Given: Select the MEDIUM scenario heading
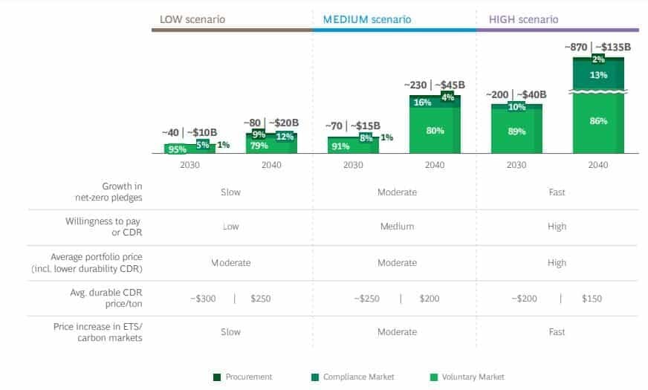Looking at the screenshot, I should click(x=366, y=19).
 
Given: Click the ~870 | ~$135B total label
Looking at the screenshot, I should click(x=597, y=47).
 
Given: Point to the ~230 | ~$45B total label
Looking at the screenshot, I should click(x=435, y=85).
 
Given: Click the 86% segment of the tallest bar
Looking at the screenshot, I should click(x=598, y=121).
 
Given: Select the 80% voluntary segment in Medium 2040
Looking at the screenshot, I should click(x=435, y=131).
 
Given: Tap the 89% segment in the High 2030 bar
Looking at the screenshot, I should click(x=516, y=131).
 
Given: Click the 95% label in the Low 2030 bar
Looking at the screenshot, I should click(x=177, y=149).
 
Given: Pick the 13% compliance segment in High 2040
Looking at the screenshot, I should click(x=598, y=75).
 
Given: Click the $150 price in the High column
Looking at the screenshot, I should click(x=592, y=299).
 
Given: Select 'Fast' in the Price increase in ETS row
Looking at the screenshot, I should click(x=557, y=332).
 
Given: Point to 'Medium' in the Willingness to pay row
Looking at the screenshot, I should click(x=397, y=227).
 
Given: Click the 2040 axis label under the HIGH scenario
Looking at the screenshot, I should click(x=598, y=165).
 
